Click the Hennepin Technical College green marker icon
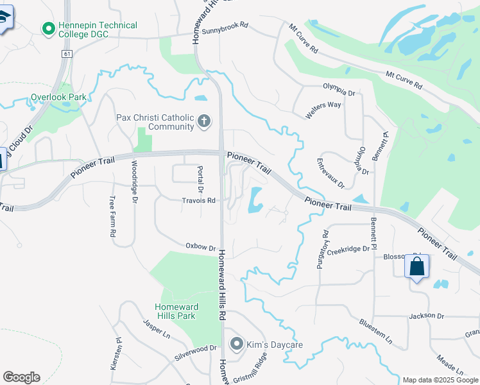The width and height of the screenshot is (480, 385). (x=47, y=28)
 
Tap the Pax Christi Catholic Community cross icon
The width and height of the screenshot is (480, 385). (x=204, y=121)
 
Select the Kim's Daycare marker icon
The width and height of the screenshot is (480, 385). (x=236, y=345)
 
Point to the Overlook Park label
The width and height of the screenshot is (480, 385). (x=58, y=98)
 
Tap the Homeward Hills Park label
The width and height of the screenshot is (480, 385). (x=176, y=311)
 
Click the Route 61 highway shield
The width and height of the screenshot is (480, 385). (x=67, y=54)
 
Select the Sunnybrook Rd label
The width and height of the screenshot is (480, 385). (x=225, y=28)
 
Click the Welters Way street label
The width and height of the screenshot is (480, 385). (x=323, y=106)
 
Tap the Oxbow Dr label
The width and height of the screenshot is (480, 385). (x=200, y=246)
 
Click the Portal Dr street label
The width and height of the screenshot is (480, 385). (x=200, y=180)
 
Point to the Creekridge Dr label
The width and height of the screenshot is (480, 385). (x=349, y=249)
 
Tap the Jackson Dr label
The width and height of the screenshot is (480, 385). (x=427, y=316)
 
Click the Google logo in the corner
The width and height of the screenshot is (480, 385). (x=21, y=377)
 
